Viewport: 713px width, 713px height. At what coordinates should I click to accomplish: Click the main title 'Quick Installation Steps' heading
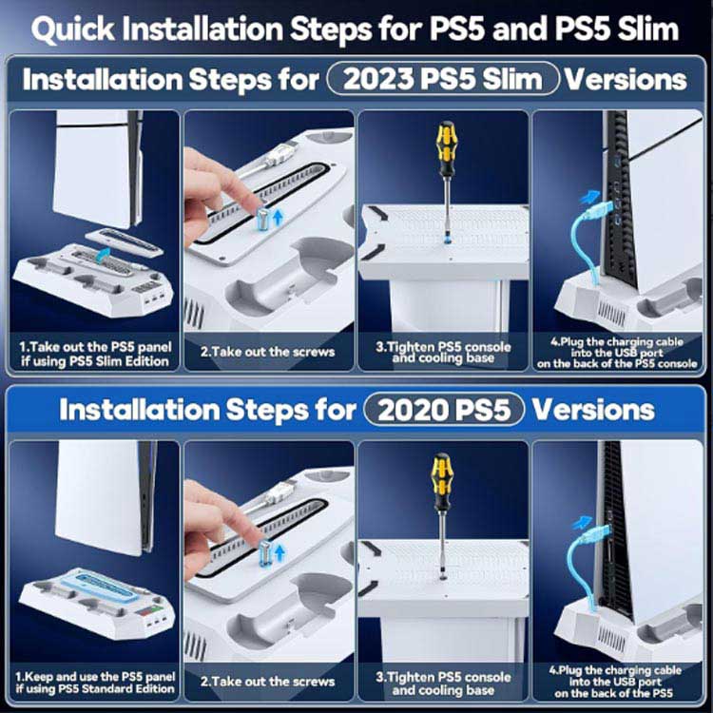pos(356,29)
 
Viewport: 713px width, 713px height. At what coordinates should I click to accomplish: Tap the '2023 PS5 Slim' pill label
pos(443,79)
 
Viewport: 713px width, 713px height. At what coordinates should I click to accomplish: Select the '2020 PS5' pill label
pos(444,410)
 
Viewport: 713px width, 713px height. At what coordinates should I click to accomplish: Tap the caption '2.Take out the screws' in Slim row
pos(268,352)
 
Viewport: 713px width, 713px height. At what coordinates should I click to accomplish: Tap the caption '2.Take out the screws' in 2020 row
pos(268,682)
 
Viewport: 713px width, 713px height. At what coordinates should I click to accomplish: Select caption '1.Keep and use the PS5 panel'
pos(94,682)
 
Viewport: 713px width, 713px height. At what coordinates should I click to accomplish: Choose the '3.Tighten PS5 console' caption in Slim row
pos(443,352)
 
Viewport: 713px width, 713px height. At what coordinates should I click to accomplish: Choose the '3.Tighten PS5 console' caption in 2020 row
pos(443,682)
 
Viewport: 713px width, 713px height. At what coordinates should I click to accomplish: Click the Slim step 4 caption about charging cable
pos(617,352)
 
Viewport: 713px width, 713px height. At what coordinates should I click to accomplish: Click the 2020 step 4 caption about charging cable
pos(617,682)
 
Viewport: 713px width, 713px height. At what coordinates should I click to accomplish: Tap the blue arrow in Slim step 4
pos(590,198)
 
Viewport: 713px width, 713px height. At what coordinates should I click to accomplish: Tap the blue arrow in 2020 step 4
pos(583,523)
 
